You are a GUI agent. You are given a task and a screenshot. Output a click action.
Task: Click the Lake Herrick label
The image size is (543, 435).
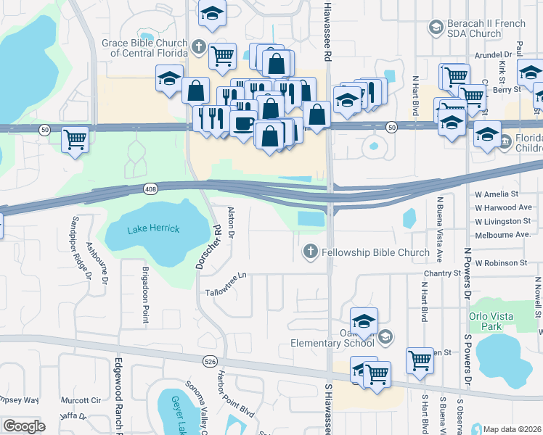coord(152,229)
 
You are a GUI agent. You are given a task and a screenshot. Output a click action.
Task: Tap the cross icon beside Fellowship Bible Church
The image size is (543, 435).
coord(310,252)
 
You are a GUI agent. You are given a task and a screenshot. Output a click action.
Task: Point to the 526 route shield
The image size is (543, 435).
coord(211,360)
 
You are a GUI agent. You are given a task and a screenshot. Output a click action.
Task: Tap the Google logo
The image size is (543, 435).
coord(24,426)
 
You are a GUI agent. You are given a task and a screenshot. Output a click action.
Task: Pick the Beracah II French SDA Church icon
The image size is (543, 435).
coord(436,28)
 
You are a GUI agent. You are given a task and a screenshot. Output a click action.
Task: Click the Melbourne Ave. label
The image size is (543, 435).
coord(502,235)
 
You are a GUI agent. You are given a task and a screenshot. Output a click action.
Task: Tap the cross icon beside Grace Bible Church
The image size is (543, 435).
coord(199,49)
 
